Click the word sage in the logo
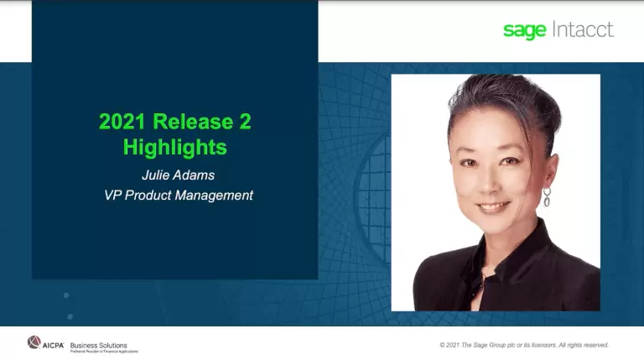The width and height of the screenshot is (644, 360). pos(525,30)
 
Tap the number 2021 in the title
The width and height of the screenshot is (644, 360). pos(122,122)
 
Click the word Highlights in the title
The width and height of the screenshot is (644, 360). pos(174,148)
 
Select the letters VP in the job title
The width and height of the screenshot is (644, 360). pos(104,196)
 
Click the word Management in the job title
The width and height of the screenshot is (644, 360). pos(210,196)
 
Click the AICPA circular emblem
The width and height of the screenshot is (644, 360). pos(34,342)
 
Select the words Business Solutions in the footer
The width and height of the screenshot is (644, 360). pos(99,344)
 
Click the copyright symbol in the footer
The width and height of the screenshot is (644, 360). pos(442,345)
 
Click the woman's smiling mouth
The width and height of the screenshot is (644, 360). pos(492,206)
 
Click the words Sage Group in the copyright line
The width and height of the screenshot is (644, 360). pos(490,345)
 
